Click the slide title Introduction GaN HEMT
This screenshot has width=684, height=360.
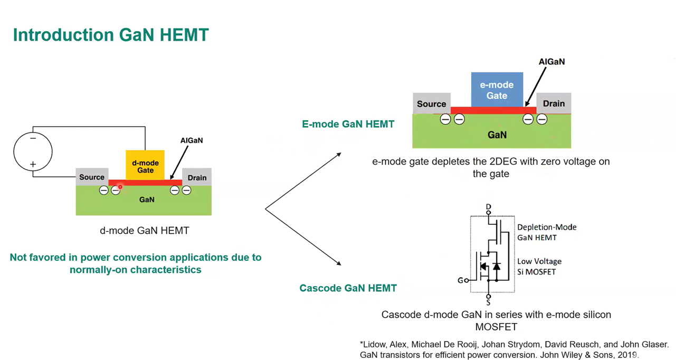111,35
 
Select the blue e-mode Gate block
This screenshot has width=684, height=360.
497,90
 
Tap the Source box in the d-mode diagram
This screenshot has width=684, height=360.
92,177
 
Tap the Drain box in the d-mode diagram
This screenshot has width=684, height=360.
197,177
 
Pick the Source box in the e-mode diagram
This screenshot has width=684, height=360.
431,104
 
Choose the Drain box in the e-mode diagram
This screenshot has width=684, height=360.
554,103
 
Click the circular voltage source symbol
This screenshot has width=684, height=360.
33,151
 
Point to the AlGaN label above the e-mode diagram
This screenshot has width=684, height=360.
552,62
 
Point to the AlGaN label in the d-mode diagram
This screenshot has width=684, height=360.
192,140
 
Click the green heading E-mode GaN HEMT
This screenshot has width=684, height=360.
348,125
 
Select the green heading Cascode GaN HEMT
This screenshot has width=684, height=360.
348,288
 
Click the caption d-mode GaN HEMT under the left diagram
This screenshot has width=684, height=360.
144,231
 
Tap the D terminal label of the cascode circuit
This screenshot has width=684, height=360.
488,206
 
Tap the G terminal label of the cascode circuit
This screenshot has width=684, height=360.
460,280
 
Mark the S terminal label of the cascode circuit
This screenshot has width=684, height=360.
488,302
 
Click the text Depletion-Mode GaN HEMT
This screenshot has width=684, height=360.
547,232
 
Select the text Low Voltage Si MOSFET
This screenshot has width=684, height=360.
539,266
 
